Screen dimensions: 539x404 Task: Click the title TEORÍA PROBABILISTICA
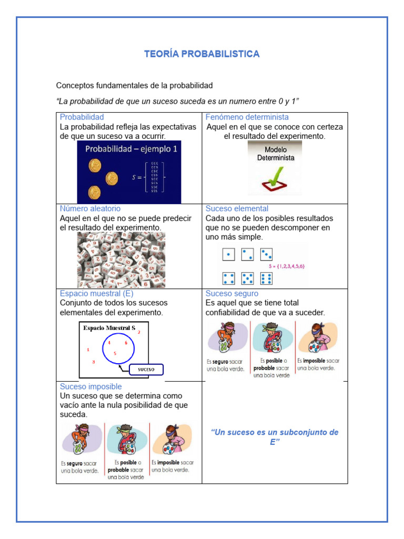pos(202,54)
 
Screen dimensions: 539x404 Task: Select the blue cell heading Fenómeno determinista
pos(247,117)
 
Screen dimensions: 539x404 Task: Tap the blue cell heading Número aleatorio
pos(90,208)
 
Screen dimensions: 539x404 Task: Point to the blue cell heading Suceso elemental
pos(237,208)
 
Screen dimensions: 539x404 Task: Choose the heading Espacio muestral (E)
pos(96,293)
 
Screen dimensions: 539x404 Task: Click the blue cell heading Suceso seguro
pos(232,293)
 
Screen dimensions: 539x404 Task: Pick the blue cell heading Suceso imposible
pos(90,386)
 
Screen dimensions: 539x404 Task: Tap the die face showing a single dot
pos(228,255)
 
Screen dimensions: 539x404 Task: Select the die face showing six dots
pos(266,278)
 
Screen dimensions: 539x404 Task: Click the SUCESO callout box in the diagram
pos(146,370)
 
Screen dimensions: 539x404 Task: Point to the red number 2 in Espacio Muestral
pos(139,333)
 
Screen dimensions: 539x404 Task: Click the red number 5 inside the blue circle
pos(115,353)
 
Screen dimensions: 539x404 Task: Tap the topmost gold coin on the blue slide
pos(95,166)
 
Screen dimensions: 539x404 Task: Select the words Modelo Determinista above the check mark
pos(276,153)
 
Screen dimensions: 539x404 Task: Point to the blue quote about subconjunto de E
pos(274,437)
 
